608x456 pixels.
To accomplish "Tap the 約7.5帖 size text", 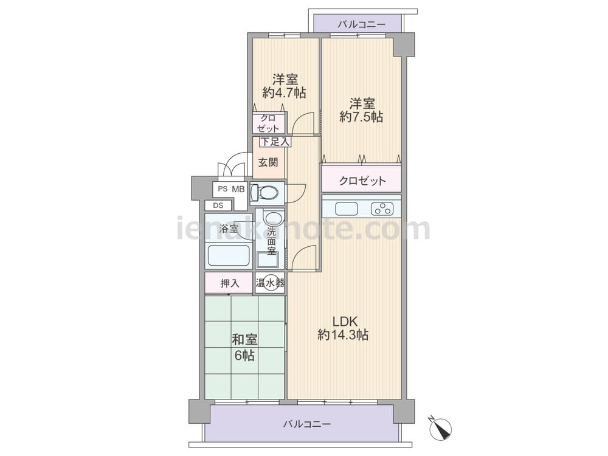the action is click(x=361, y=117).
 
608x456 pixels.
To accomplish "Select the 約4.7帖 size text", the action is click(x=284, y=92).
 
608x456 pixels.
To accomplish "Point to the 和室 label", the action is click(x=244, y=340).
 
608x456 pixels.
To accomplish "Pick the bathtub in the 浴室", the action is click(x=229, y=255).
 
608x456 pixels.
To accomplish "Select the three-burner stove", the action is click(x=382, y=209).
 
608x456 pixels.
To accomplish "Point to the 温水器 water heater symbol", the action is click(x=270, y=283).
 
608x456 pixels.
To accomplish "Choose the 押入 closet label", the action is click(x=230, y=284).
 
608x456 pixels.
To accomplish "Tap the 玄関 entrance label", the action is click(x=268, y=162).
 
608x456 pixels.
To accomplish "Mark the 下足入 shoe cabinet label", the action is click(x=275, y=142).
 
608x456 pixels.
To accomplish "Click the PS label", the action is click(x=222, y=189).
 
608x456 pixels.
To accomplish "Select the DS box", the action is click(x=218, y=206).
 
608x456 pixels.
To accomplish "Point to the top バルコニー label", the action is click(x=361, y=25).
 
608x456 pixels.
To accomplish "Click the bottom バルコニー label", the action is click(x=306, y=424).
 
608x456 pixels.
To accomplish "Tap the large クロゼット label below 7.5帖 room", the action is click(x=362, y=181).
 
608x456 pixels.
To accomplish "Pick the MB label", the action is click(x=238, y=189).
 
